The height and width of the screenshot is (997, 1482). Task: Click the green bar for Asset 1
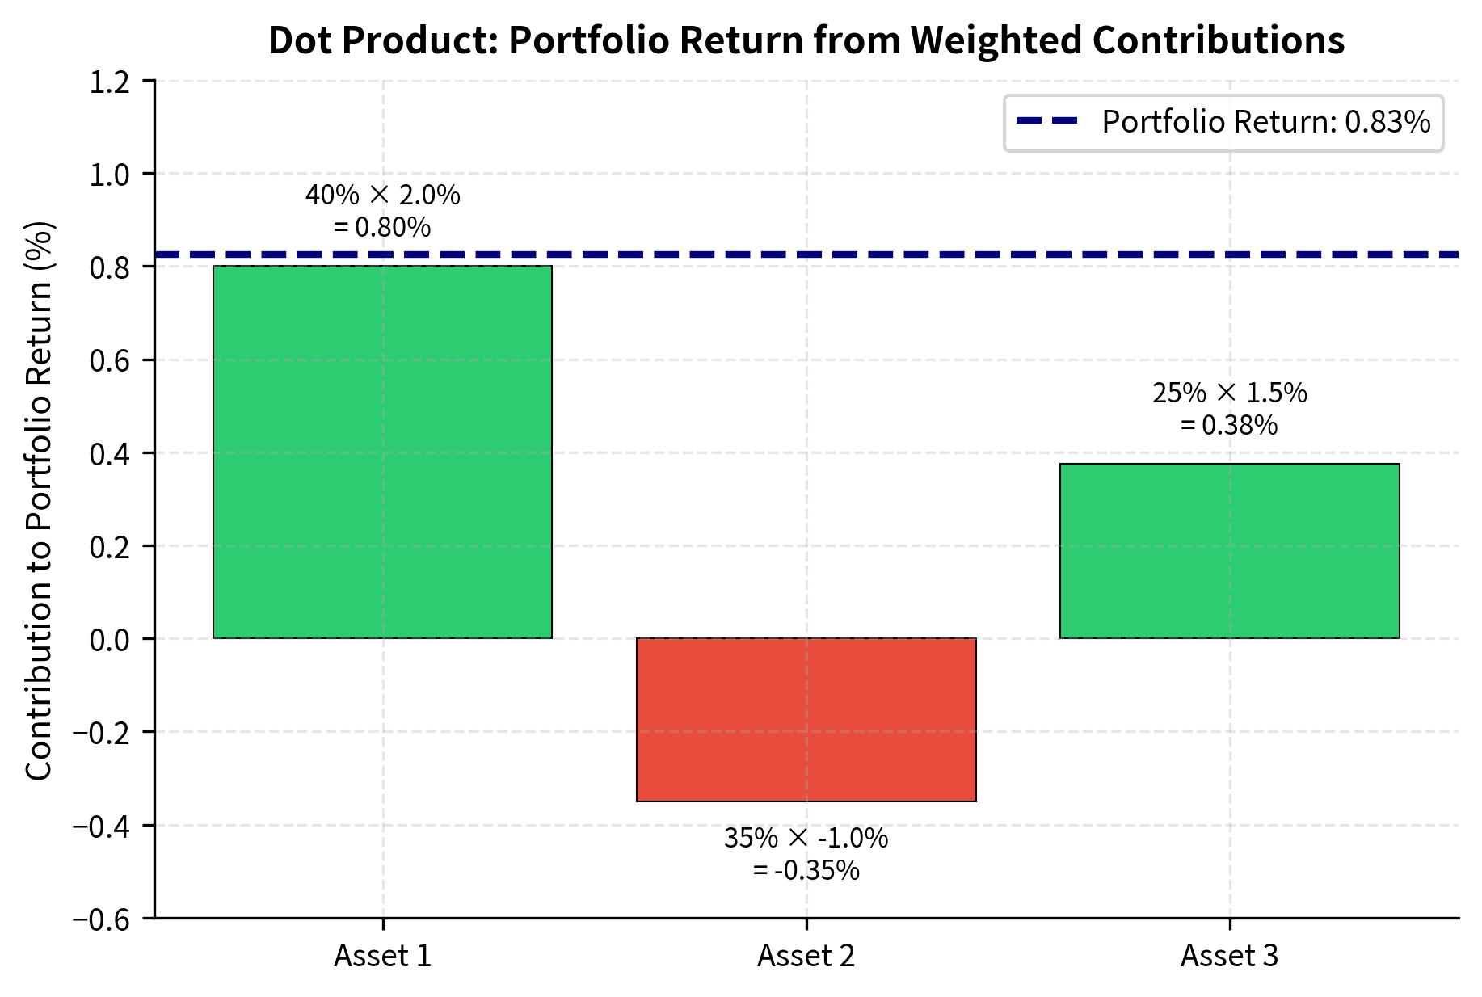[382, 452]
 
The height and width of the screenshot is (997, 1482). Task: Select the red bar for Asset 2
[806, 719]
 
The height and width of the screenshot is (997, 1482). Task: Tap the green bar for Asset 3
[1229, 551]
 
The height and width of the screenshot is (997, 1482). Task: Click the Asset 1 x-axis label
[382, 956]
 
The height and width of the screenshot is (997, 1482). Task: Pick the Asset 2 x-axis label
[806, 956]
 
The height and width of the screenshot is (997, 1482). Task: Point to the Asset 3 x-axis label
[1229, 956]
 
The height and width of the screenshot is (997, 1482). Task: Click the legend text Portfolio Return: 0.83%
[1266, 122]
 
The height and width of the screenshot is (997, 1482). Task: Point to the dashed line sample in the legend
[1047, 121]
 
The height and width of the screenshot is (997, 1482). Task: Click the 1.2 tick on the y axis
[112, 82]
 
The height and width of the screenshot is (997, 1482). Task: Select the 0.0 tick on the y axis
[112, 640]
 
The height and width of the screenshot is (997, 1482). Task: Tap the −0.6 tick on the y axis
[105, 919]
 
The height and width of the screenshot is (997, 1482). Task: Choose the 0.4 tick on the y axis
[112, 454]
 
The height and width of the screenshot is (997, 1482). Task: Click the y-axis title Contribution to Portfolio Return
[39, 499]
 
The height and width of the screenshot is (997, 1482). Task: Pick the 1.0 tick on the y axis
[112, 175]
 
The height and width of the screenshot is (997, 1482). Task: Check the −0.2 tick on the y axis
[105, 733]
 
